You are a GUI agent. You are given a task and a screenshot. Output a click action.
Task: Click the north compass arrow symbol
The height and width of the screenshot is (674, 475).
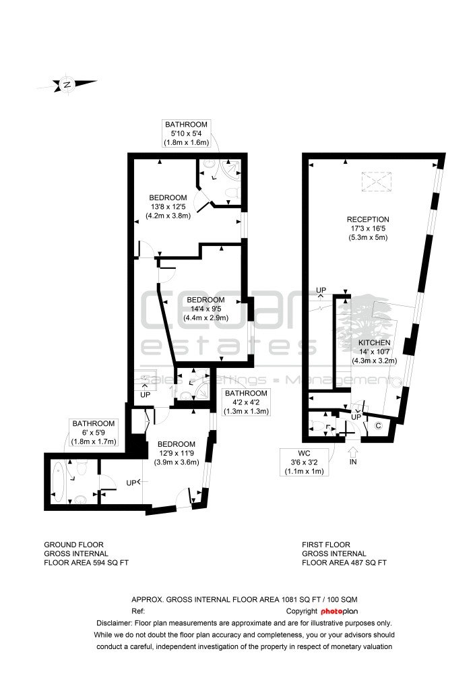pyautogui.click(x=67, y=84)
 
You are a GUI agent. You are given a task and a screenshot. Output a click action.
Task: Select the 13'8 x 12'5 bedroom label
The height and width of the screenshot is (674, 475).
pyautogui.click(x=168, y=207)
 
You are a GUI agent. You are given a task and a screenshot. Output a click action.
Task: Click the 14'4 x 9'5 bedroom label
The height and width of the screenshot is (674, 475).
pyautogui.click(x=205, y=309)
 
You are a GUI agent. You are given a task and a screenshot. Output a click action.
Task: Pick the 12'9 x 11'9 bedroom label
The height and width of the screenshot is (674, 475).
pyautogui.click(x=177, y=453)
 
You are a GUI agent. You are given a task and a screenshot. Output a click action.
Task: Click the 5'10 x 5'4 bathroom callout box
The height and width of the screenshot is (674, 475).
pyautogui.click(x=186, y=133)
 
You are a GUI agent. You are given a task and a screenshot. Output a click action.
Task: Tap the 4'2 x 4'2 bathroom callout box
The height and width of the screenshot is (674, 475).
pyautogui.click(x=247, y=402)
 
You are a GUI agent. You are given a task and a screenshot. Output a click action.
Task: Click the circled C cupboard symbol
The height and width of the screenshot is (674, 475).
pyautogui.click(x=378, y=426)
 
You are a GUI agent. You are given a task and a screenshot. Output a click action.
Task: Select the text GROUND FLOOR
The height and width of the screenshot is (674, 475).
pyautogui.click(x=73, y=545)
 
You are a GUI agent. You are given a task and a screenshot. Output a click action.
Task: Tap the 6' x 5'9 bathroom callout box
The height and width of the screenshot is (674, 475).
pyautogui.click(x=93, y=433)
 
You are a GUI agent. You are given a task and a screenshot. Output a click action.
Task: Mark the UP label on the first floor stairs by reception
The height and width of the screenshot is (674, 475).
pyautogui.click(x=321, y=290)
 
